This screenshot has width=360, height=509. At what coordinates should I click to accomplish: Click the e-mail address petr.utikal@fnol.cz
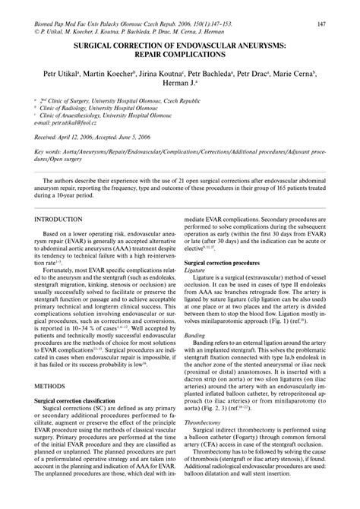click(79, 122)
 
